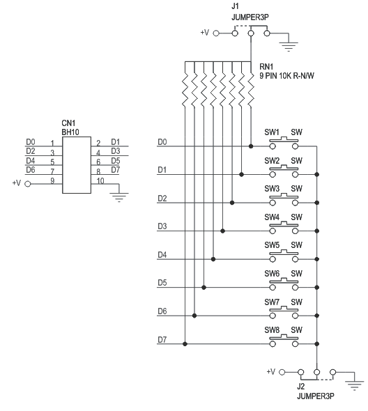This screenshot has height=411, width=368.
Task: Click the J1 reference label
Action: click(235, 6)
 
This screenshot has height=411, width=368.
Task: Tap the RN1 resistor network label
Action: click(266, 67)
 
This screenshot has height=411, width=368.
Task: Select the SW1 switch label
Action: click(272, 132)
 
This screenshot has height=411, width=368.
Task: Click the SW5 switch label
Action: click(272, 245)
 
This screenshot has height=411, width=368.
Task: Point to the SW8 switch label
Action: click(272, 330)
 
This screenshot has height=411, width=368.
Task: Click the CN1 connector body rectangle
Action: click(77, 165)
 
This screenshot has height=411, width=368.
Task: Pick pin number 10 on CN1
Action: click(100, 181)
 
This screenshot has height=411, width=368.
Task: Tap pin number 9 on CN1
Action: click(52, 181)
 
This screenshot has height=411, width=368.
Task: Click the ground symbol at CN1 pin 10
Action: click(119, 197)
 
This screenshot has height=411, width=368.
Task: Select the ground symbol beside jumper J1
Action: click(289, 47)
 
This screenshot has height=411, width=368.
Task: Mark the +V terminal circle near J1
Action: click(216, 33)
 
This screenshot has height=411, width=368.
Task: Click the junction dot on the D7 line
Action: click(185, 344)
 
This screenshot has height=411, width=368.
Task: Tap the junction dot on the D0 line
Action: click(251, 146)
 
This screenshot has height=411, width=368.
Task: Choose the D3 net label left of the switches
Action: click(162, 226)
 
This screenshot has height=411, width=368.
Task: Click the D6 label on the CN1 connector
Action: click(31, 170)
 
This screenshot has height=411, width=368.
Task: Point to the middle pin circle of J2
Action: click(317, 372)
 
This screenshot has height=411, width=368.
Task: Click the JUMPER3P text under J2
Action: click(316, 396)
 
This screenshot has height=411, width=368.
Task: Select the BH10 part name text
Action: click(70, 132)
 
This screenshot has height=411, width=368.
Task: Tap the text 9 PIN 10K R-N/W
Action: click(286, 76)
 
